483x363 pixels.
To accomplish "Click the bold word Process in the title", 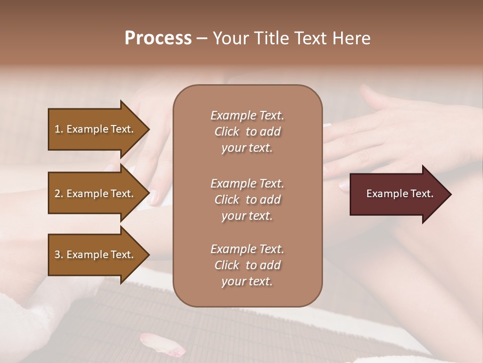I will [158, 38].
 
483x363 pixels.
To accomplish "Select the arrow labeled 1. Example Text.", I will [96, 129].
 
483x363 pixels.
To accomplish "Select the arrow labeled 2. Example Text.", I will [96, 194].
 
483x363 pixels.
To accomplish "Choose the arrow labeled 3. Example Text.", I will [96, 255].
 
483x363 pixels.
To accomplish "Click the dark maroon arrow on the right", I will [397, 194].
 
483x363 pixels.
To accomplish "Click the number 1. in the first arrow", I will [59, 129].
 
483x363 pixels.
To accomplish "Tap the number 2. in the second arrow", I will [59, 194].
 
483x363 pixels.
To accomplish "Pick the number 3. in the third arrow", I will [59, 255].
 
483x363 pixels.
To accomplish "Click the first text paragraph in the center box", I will [247, 132].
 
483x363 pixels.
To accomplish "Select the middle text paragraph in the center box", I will [247, 200].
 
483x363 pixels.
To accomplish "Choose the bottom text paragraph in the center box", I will [247, 265].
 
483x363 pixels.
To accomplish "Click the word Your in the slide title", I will [229, 38].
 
